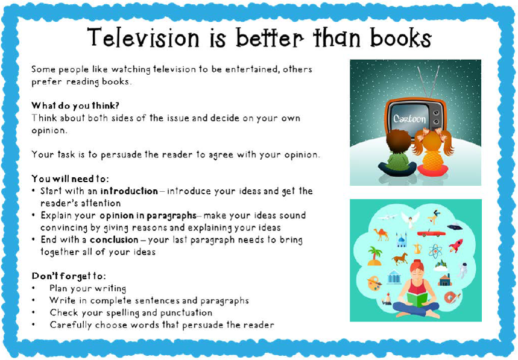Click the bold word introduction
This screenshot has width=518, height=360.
point(129,191)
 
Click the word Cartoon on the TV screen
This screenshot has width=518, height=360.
point(410,119)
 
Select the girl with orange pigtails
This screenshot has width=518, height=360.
point(432,154)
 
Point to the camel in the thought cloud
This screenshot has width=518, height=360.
point(381,233)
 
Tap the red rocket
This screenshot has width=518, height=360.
point(456,245)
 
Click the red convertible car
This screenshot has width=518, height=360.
point(431,232)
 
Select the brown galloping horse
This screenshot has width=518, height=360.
point(399,259)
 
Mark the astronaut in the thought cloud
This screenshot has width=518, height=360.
point(463,270)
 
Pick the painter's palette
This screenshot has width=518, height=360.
point(374,283)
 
